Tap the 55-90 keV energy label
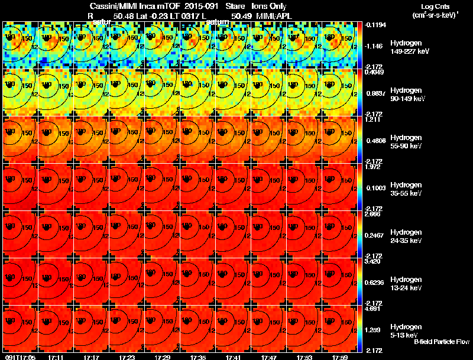click(x=406, y=146)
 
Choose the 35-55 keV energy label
click(x=406, y=193)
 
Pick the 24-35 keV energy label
click(x=406, y=241)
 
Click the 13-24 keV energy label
click(x=406, y=288)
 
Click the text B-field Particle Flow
click(x=441, y=342)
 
